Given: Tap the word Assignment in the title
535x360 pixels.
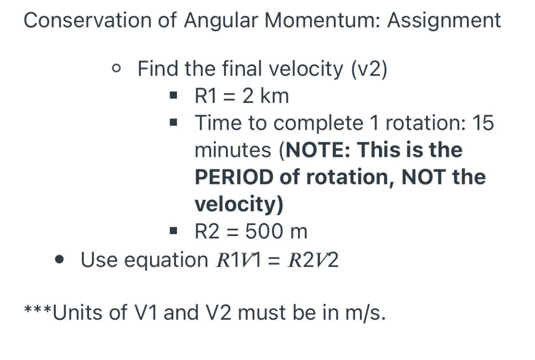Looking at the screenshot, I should tap(444, 20).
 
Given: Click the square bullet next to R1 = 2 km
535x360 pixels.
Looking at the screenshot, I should tap(173, 96).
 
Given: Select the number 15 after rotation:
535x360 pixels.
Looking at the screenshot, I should tap(483, 123).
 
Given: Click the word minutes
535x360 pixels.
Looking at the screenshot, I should tap(233, 150).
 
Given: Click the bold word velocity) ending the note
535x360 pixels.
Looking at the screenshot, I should tap(239, 204).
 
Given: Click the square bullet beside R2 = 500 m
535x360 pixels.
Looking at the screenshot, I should tap(173, 231).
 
